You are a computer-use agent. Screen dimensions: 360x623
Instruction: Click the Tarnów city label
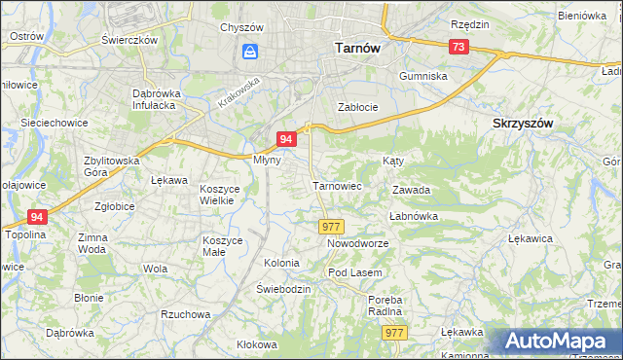click(x=356, y=46)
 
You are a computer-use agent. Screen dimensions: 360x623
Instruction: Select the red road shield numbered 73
click(x=458, y=47)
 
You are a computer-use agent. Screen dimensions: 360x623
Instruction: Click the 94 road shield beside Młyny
click(x=285, y=140)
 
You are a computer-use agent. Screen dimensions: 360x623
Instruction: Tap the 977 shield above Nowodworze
click(x=331, y=226)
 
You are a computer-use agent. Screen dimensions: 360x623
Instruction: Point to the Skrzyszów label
click(x=523, y=124)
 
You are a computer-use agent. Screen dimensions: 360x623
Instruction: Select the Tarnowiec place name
click(x=337, y=185)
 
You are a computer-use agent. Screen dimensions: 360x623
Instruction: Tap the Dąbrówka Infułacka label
click(x=159, y=100)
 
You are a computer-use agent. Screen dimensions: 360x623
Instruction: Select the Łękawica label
click(x=531, y=237)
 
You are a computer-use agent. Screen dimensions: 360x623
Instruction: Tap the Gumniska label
click(x=423, y=75)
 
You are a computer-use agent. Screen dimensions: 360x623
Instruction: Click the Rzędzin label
click(x=469, y=22)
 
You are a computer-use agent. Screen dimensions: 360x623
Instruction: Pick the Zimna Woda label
click(x=92, y=243)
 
